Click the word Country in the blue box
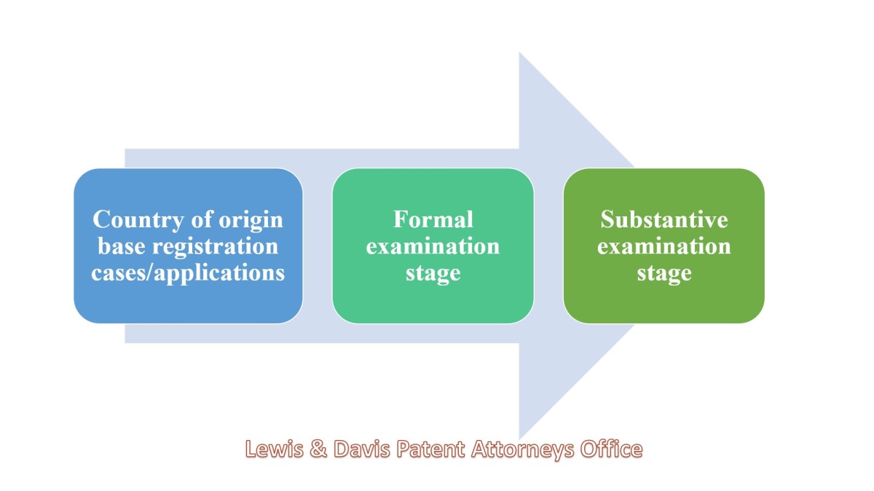[x=138, y=220]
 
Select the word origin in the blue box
[x=251, y=221]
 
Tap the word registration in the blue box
[x=215, y=247]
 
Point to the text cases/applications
[x=188, y=273]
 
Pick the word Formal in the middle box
[x=433, y=219]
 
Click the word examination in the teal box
[x=433, y=246]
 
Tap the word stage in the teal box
[x=433, y=273]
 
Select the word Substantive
[x=664, y=219]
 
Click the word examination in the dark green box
[x=664, y=246]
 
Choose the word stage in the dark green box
[x=664, y=273]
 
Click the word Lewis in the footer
[x=275, y=449]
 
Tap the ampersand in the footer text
[x=319, y=449]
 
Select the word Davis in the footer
[x=362, y=449]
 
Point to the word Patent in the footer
[x=430, y=449]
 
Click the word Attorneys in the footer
[x=523, y=449]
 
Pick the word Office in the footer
[x=611, y=449]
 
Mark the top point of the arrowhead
[x=519, y=52]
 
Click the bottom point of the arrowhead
[x=519, y=439]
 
